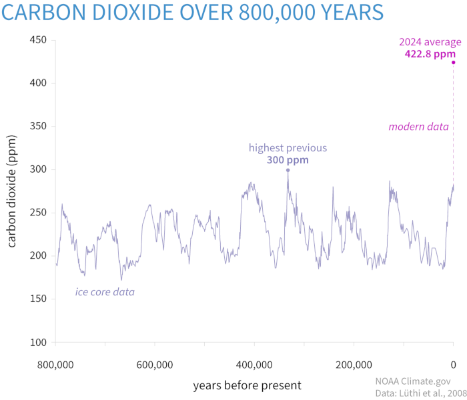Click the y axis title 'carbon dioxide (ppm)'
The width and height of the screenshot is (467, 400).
pyautogui.click(x=13, y=191)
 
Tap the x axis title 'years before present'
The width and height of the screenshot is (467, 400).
pyautogui.click(x=247, y=385)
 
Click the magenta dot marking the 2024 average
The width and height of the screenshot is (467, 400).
pyautogui.click(x=454, y=63)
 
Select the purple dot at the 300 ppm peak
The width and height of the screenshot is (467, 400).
pyautogui.click(x=288, y=170)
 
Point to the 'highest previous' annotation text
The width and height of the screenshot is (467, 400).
pyautogui.click(x=288, y=147)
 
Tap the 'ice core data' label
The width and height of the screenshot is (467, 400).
pyautogui.click(x=105, y=291)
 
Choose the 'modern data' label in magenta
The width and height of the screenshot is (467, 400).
pyautogui.click(x=418, y=127)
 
